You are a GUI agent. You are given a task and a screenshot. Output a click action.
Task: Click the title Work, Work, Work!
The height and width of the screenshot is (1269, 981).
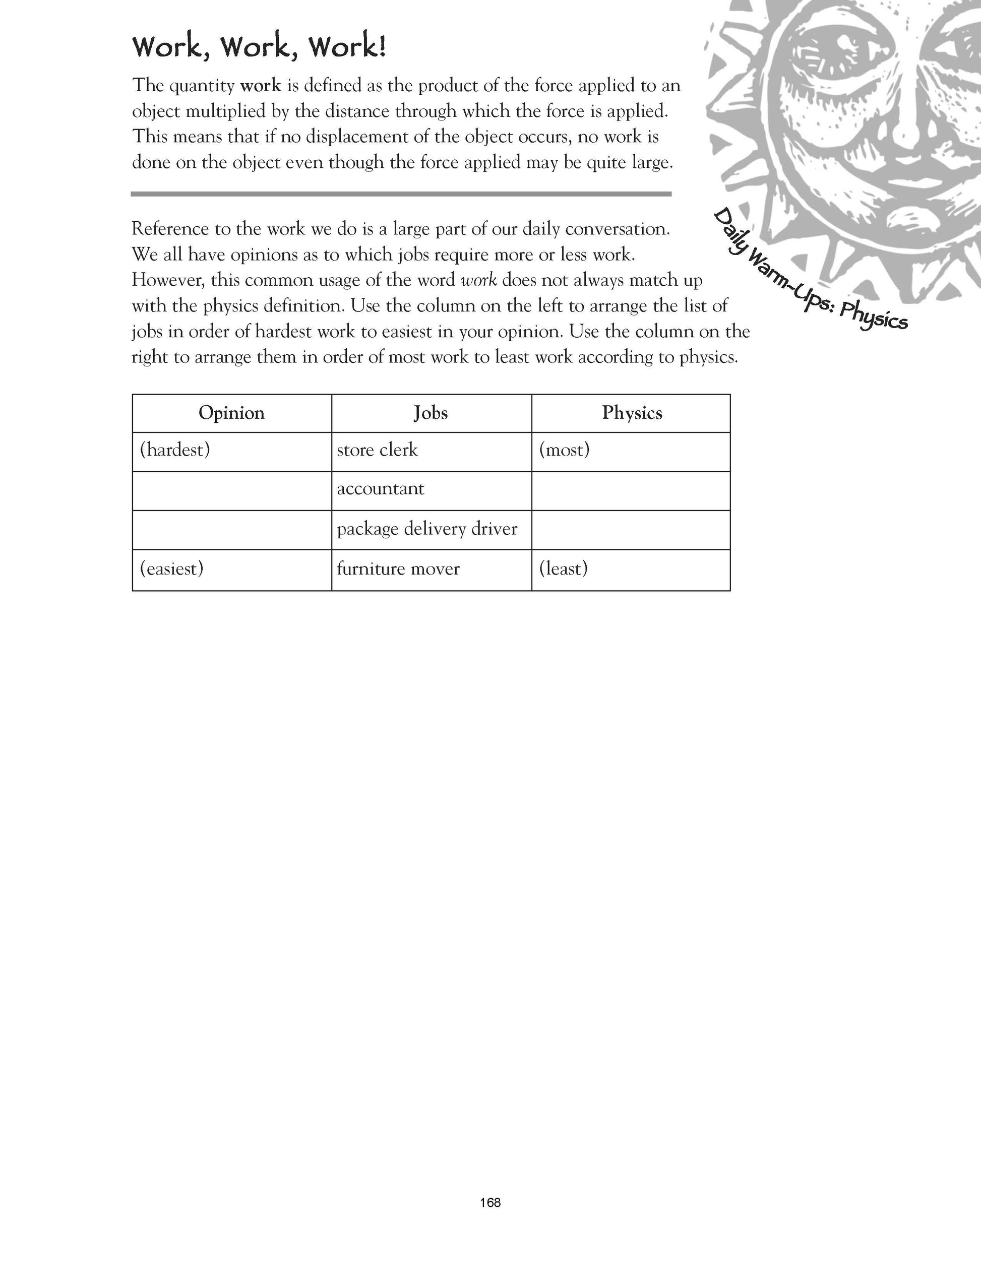(259, 47)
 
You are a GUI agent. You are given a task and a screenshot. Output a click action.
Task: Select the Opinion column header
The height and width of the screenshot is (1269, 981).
(231, 413)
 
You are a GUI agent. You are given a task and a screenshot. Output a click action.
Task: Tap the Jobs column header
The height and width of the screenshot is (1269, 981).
(431, 413)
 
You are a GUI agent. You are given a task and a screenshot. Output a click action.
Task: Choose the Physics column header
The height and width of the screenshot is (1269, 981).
(632, 413)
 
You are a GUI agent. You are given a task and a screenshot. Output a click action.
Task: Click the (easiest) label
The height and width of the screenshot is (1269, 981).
(172, 569)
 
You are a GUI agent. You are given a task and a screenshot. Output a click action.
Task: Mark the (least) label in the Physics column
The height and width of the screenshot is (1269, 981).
(563, 569)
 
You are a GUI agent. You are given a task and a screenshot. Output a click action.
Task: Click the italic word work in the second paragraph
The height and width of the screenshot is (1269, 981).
(478, 281)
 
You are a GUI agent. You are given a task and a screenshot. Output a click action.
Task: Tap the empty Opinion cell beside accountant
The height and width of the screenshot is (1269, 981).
(232, 491)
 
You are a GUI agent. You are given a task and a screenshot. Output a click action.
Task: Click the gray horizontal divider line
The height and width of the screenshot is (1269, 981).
(401, 194)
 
